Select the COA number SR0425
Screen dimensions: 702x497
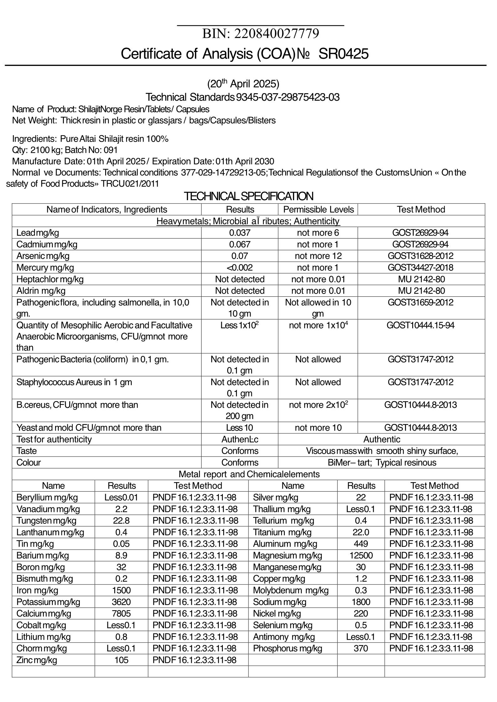coord(343,54)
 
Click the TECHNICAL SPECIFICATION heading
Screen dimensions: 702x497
coord(248,196)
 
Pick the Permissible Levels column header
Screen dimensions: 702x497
coord(318,210)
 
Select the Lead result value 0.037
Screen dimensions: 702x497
coord(240,233)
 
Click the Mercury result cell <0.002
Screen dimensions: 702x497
coord(240,268)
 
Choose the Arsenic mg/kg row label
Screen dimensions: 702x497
coord(43,256)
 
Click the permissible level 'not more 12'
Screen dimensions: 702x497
coord(318,256)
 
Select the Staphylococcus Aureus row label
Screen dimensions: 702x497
coord(74,382)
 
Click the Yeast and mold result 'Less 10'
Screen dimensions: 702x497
coord(240,428)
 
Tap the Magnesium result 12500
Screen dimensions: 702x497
coord(361,556)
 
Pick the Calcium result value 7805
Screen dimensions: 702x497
coord(121,614)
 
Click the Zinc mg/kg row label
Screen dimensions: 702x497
coord(37,660)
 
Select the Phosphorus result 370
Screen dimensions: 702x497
coord(361,649)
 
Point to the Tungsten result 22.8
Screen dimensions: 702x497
coord(121,521)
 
